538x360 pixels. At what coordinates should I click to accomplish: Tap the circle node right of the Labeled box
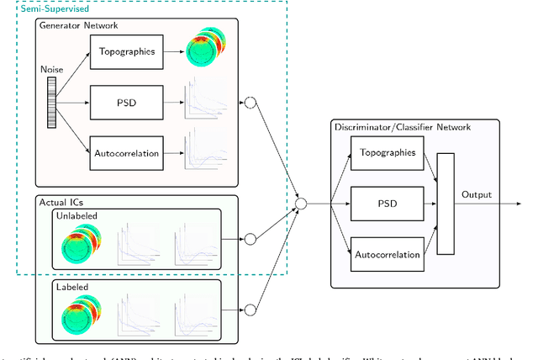coord(249,310)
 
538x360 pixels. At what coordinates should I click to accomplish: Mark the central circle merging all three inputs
coord(302,203)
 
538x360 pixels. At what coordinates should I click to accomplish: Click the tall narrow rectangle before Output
coord(445,203)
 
